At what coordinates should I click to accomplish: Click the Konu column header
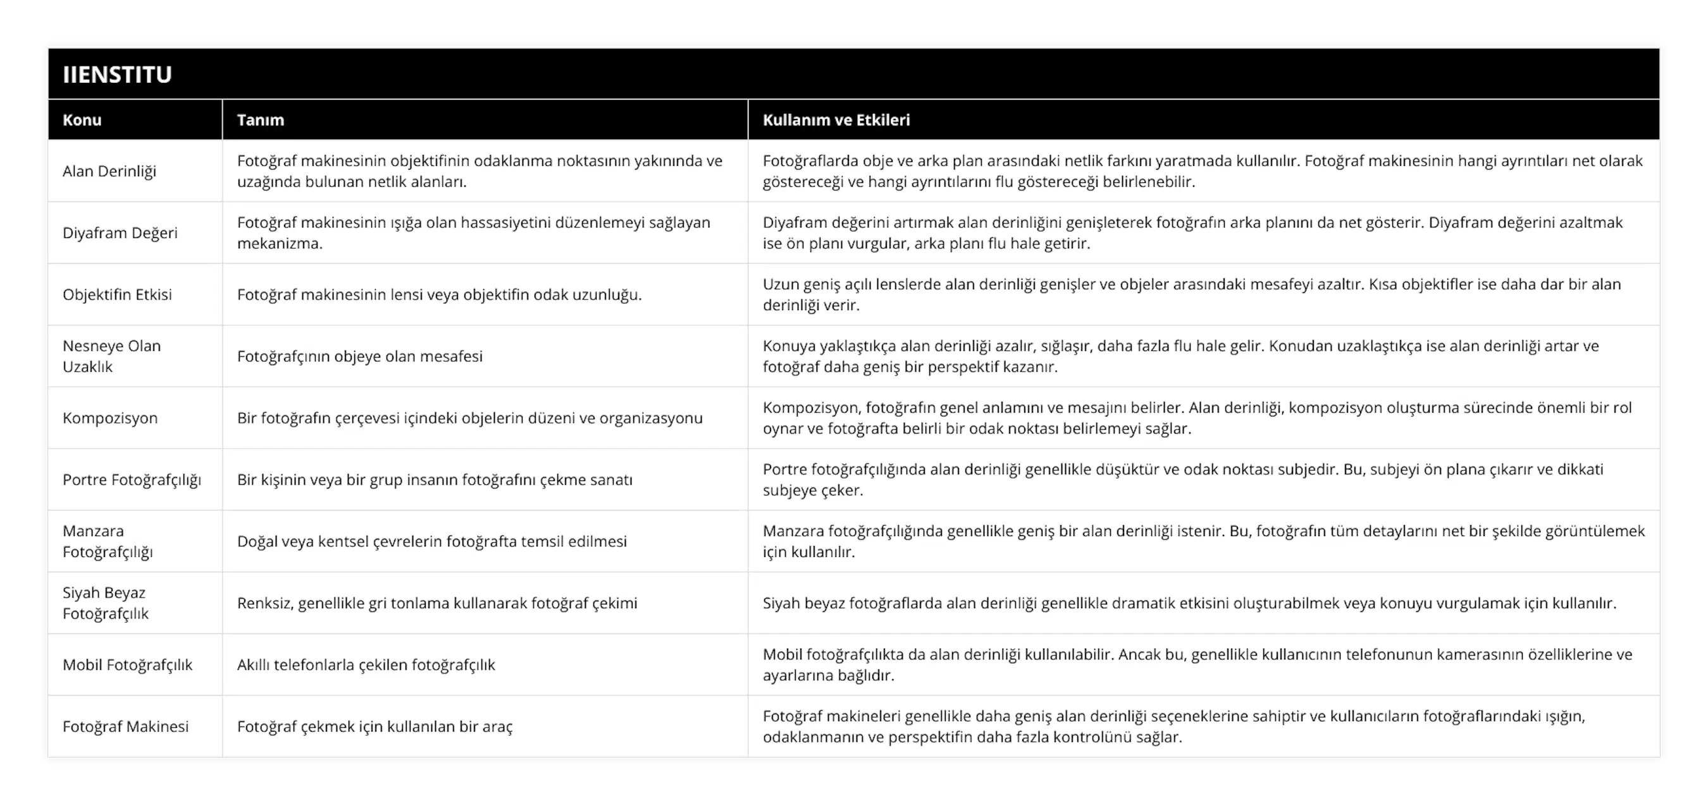coord(82,120)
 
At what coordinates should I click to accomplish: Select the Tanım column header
coord(261,120)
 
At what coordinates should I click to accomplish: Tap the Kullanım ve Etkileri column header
coord(836,120)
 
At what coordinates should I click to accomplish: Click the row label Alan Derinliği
coord(109,171)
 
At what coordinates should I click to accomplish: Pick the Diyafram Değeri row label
coord(120,233)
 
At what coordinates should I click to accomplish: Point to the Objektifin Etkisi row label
coord(118,294)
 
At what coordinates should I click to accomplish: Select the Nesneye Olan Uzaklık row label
coord(111,356)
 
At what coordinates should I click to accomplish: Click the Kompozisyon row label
coord(110,418)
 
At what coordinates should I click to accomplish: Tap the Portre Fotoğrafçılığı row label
coord(132,480)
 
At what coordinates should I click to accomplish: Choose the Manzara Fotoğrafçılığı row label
coord(108,541)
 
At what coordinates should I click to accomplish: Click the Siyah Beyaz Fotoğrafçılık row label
coord(106,602)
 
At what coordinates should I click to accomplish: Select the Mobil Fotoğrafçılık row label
coord(127,665)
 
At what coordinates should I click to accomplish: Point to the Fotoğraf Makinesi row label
coord(125,726)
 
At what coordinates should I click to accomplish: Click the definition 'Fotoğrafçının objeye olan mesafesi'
coord(360,356)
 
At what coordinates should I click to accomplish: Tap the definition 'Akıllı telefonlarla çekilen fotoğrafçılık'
coord(366,665)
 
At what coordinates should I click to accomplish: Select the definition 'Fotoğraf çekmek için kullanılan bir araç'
coord(374,726)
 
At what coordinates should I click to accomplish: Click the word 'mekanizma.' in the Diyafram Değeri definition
coord(280,244)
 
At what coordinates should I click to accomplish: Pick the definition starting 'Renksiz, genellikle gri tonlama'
coord(437,602)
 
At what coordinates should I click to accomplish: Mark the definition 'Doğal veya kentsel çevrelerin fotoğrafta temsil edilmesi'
coord(431,541)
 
